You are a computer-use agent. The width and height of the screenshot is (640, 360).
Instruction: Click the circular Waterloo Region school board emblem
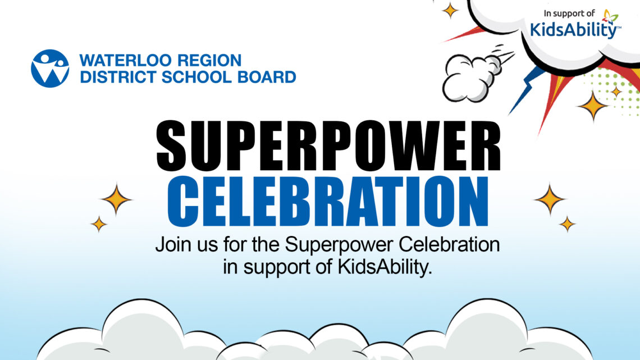(50, 69)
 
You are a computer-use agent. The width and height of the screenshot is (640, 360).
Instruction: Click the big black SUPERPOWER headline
(328, 146)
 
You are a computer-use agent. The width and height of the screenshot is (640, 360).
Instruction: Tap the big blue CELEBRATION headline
(328, 202)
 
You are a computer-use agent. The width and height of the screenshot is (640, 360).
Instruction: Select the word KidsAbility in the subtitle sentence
(384, 267)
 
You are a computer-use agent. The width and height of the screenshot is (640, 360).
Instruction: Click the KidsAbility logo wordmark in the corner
(575, 29)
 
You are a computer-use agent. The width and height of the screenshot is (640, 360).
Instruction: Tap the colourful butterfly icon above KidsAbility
(610, 16)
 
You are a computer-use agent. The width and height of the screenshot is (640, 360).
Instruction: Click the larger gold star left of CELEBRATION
(116, 199)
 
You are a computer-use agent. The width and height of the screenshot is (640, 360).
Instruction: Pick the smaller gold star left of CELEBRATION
(99, 224)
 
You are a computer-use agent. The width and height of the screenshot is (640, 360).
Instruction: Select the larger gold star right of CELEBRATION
(550, 199)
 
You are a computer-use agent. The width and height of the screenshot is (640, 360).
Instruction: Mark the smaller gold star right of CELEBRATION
(567, 224)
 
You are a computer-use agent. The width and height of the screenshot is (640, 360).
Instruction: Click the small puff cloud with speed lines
(473, 76)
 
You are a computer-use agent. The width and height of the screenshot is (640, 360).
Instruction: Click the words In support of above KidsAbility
(569, 13)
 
